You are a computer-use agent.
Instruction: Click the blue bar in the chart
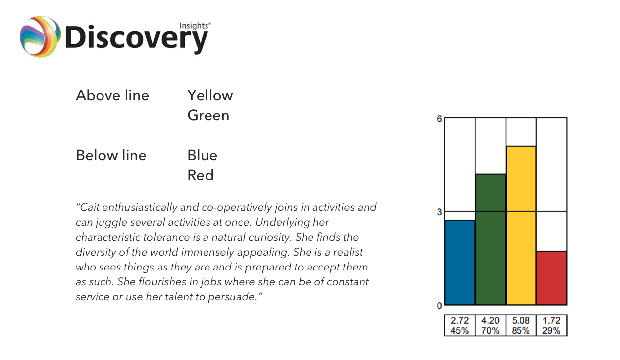coord(460,263)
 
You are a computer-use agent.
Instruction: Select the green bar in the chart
coord(491,239)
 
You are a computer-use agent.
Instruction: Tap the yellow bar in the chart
coord(521,225)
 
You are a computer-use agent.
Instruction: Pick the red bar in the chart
coord(552,278)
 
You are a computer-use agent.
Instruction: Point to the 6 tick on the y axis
coord(439,119)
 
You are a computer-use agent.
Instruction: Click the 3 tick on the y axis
coord(439,212)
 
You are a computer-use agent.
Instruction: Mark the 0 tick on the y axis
coord(439,306)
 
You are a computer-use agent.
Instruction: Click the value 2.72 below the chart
coord(460,320)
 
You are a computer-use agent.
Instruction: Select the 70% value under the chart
coord(490,331)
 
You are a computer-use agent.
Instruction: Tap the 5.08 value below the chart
coord(521,320)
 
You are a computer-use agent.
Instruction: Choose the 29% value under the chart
coord(551,331)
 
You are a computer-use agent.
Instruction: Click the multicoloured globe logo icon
coord(40,36)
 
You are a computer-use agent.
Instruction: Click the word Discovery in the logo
coord(136,39)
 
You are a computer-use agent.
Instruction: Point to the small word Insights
coord(194,26)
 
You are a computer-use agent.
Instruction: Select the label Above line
coord(112,95)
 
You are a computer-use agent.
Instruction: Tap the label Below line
coord(111,155)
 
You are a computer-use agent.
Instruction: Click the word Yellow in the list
coord(210,95)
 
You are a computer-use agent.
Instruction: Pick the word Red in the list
coord(201,175)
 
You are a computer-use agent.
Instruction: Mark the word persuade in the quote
coord(233,297)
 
